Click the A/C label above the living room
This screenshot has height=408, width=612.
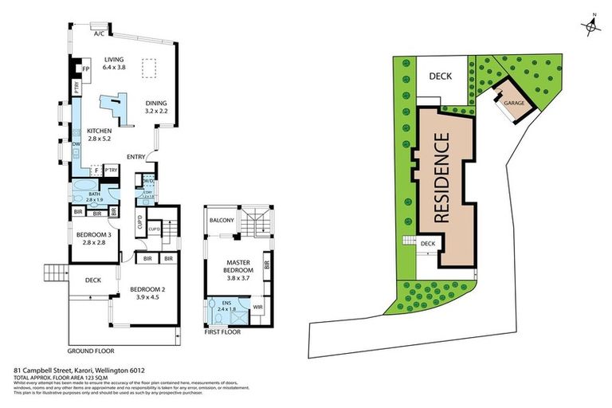click(x=100, y=34)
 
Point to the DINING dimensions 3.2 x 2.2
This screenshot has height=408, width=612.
click(x=156, y=112)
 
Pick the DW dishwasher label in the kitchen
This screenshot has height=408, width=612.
click(x=76, y=144)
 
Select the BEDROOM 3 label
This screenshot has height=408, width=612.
click(x=93, y=234)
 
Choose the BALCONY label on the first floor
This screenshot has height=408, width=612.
click(x=222, y=220)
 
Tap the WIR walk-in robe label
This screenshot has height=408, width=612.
click(x=257, y=307)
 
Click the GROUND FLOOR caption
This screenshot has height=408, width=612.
click(x=91, y=350)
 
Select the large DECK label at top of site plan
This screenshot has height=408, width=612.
click(x=440, y=77)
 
